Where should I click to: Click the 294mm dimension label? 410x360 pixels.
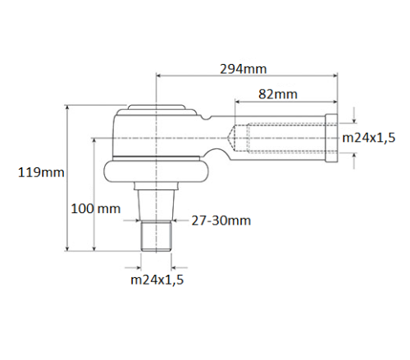243,69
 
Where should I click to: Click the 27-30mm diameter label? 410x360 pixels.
221,220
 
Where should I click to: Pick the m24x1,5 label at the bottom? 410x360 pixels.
157,280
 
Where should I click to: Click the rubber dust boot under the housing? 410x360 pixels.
156,171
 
